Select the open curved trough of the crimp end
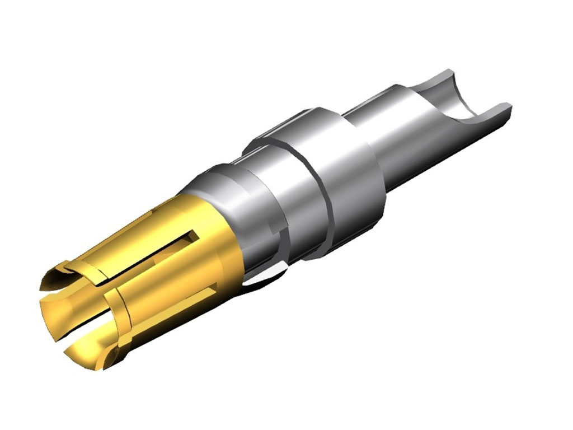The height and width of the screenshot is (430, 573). pos(459,101)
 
